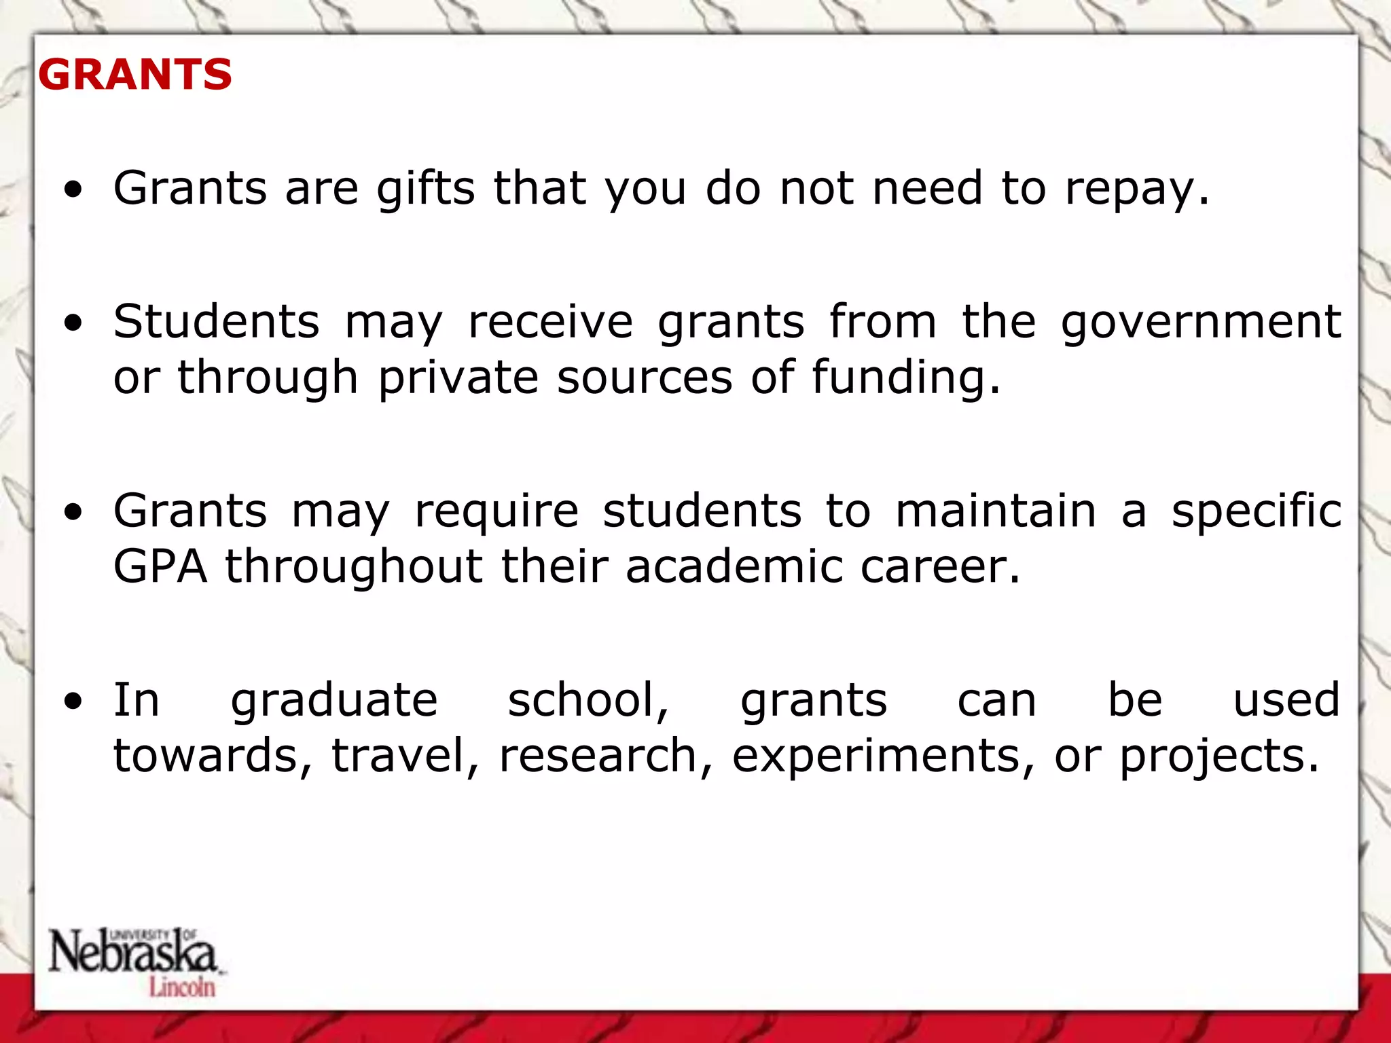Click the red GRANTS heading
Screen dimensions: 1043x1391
(135, 74)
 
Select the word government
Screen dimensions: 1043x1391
(1201, 322)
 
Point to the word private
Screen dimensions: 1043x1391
(458, 378)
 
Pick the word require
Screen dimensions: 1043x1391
(496, 511)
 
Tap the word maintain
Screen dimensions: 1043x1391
(996, 511)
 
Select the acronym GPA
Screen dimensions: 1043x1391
(160, 566)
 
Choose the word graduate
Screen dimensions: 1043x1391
(334, 701)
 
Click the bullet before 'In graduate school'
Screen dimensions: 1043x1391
(73, 701)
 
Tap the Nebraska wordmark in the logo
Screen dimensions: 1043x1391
(132, 951)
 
